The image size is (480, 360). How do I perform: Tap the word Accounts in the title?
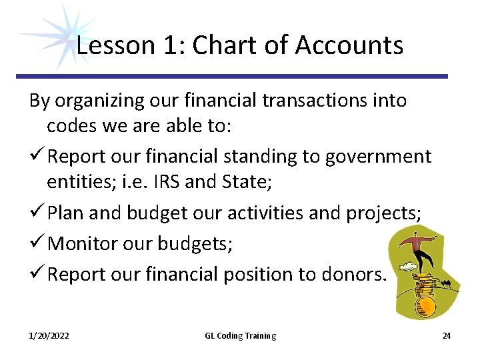(349, 45)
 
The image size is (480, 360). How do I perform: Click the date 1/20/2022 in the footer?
(49, 335)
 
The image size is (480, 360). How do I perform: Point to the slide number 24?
(446, 335)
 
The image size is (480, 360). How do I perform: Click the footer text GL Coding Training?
(240, 335)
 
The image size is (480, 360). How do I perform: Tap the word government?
(378, 157)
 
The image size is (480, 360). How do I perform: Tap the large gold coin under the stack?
(425, 306)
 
